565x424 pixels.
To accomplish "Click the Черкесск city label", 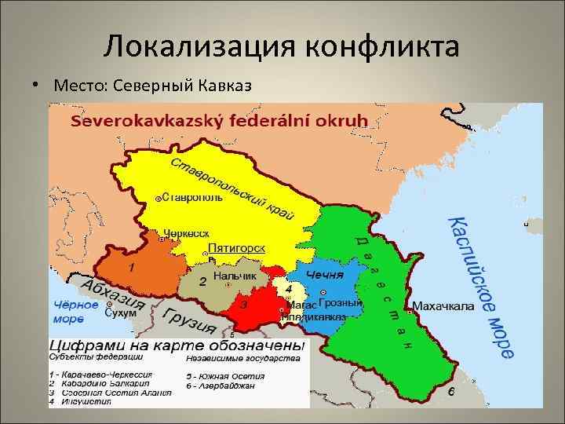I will pos(187,233).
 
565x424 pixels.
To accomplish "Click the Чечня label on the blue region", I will pos(324,275).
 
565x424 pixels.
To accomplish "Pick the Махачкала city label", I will pos(443,306).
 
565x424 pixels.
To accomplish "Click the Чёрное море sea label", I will pos(75,312).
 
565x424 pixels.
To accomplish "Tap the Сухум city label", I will pos(120,312).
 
